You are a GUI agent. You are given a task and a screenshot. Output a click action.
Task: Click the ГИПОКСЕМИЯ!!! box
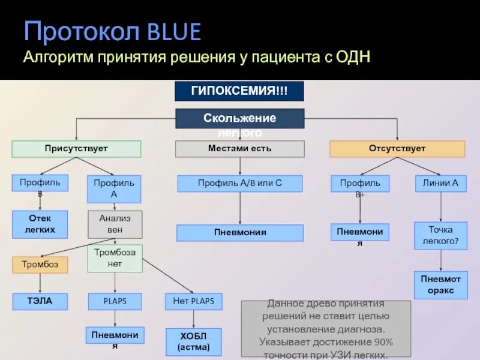(239, 91)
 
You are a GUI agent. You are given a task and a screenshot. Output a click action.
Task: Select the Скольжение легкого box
(239, 119)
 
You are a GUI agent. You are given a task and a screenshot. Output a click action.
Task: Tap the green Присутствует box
(76, 149)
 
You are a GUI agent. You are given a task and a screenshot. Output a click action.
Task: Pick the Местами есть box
(239, 149)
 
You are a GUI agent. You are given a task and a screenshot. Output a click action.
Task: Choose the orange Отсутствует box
(397, 149)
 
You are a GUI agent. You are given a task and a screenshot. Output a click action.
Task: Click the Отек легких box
(40, 224)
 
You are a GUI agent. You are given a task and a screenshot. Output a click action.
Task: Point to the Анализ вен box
(115, 224)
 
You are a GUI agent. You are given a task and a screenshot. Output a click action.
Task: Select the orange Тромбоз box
(40, 265)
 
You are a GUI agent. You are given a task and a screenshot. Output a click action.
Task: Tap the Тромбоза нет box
(115, 259)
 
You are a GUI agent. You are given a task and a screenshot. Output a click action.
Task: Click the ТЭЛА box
(40, 301)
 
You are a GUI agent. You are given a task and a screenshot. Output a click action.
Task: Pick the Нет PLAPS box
(193, 301)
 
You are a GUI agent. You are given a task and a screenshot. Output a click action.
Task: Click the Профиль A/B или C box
(239, 183)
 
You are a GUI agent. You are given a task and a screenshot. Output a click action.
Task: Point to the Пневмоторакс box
(441, 285)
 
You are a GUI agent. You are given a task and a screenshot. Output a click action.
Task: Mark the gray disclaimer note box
(326, 329)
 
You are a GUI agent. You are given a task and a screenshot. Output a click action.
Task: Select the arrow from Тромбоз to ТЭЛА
(40, 283)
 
